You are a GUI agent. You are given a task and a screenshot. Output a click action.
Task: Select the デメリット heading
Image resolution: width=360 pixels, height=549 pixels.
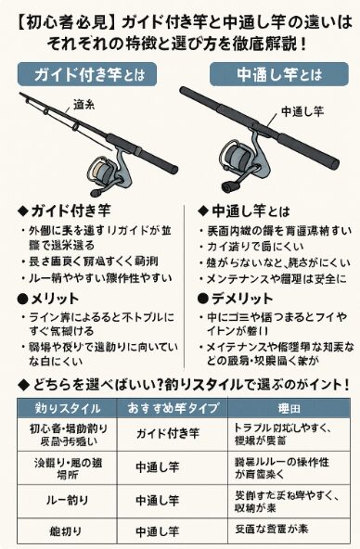237,299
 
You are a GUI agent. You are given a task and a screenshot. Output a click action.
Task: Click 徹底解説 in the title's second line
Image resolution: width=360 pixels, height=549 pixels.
264,42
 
